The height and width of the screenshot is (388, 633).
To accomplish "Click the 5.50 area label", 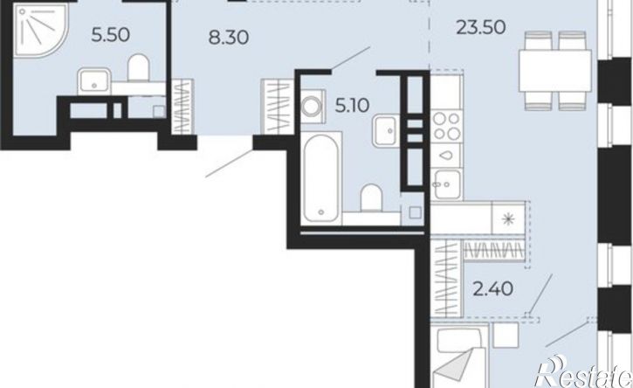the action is (x=111, y=35).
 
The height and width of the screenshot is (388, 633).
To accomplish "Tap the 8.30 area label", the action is (x=229, y=38).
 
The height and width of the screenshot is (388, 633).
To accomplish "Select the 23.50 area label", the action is (x=481, y=27).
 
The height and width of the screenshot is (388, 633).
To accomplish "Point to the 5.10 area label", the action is (x=352, y=106).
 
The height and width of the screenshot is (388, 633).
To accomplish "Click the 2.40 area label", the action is (x=493, y=289).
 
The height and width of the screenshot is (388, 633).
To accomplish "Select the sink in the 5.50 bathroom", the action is (x=94, y=81).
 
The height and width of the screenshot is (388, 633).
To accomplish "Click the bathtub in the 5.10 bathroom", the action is (x=320, y=178).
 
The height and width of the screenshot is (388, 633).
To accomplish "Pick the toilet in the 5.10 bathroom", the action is (x=371, y=197).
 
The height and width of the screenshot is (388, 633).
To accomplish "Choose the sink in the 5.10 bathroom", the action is (x=386, y=130).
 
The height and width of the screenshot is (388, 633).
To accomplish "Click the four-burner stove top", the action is (x=446, y=126).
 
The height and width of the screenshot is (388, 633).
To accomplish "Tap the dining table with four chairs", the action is (x=555, y=71).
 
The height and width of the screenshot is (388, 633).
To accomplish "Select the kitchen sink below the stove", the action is (x=446, y=184).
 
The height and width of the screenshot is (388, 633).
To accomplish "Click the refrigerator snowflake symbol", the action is (x=508, y=219).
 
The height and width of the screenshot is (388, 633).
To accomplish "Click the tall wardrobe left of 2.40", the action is (x=446, y=278).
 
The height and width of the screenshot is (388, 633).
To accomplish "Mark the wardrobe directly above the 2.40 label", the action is (x=494, y=249).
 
